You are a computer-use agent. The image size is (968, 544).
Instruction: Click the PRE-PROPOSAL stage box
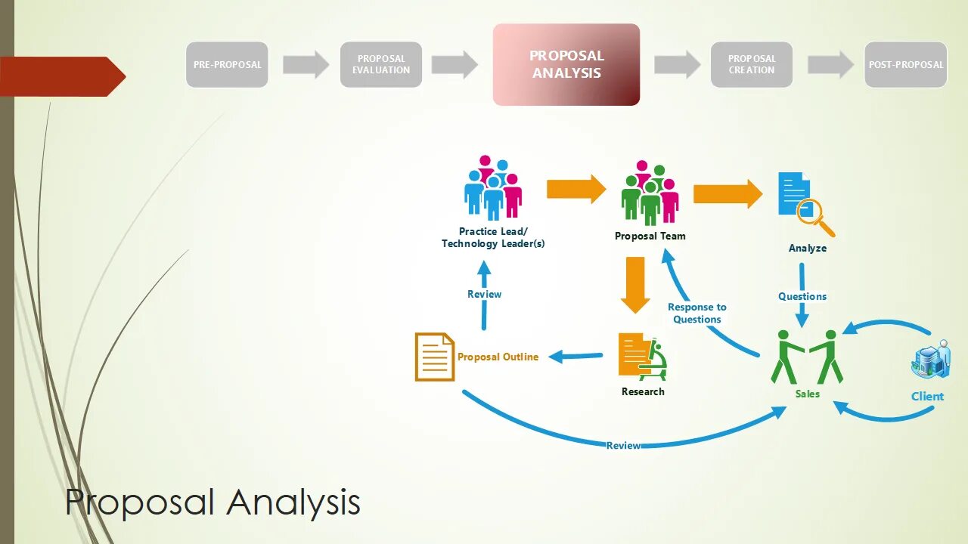click(227, 64)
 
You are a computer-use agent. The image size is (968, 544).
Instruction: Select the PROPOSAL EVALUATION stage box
click(381, 64)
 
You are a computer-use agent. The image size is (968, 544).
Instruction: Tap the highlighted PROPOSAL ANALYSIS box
click(566, 64)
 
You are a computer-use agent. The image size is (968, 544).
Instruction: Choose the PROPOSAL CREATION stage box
click(752, 64)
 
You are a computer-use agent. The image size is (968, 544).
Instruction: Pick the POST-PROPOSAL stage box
click(905, 64)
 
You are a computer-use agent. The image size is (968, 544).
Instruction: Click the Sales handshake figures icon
click(807, 357)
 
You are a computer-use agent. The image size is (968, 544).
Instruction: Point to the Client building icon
click(929, 359)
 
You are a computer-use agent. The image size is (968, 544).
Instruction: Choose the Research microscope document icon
click(643, 357)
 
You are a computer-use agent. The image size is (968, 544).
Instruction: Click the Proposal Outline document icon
click(434, 357)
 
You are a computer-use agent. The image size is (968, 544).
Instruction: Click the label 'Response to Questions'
click(697, 313)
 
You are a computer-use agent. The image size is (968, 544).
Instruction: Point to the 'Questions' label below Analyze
click(802, 296)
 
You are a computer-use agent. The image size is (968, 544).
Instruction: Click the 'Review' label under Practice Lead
click(484, 294)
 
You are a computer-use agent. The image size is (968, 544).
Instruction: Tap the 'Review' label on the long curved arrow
click(623, 445)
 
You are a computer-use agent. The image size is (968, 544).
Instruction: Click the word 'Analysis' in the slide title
click(293, 502)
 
